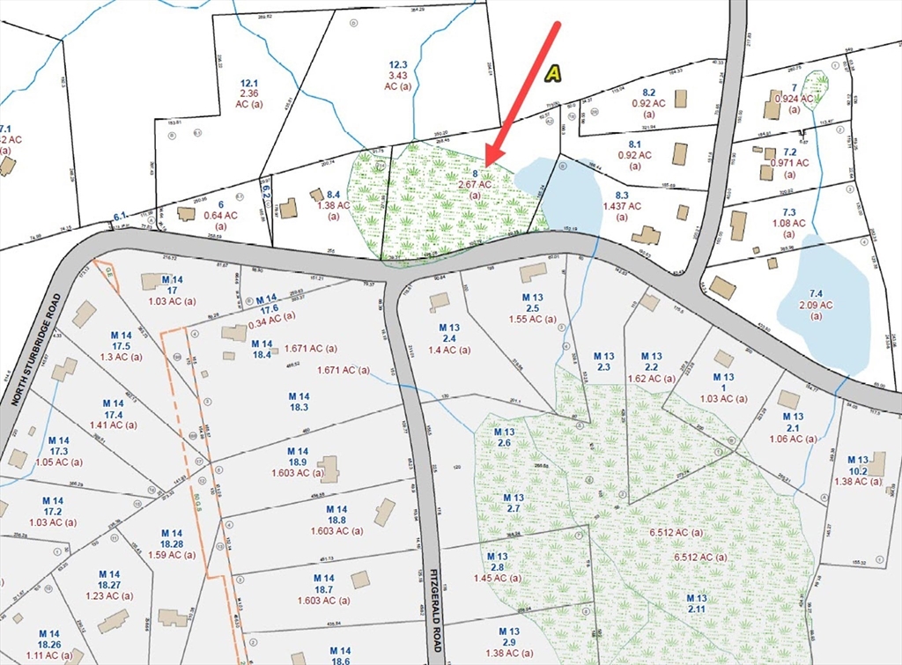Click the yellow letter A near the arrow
[552, 74]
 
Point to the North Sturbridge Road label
[35, 349]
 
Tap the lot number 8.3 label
[622, 195]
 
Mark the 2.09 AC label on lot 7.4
[817, 305]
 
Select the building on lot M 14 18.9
[328, 469]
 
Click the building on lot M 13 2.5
[533, 273]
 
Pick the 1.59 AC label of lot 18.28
[172, 555]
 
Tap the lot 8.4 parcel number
[334, 194]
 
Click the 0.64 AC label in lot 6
[220, 215]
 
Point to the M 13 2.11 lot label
[698, 604]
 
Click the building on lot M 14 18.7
[359, 580]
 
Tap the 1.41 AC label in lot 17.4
[114, 425]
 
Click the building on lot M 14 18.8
[384, 512]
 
